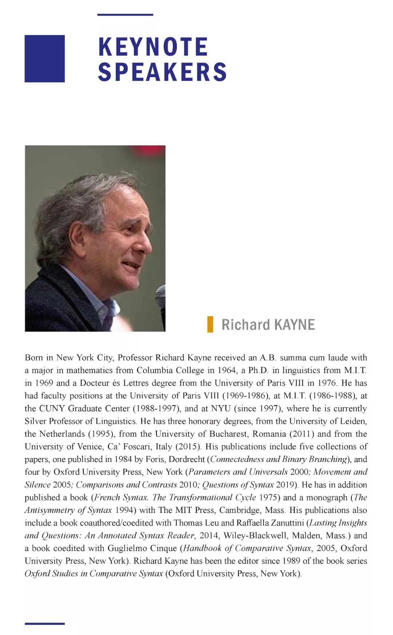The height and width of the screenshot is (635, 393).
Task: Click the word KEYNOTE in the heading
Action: tap(153, 47)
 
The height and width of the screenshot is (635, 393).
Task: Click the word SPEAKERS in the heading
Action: tap(162, 72)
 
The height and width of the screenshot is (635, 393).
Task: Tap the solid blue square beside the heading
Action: tap(44, 59)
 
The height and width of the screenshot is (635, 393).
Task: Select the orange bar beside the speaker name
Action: tap(210, 325)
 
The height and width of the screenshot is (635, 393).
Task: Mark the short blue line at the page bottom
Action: tap(44, 624)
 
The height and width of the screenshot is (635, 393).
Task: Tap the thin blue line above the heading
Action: tap(125, 15)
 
